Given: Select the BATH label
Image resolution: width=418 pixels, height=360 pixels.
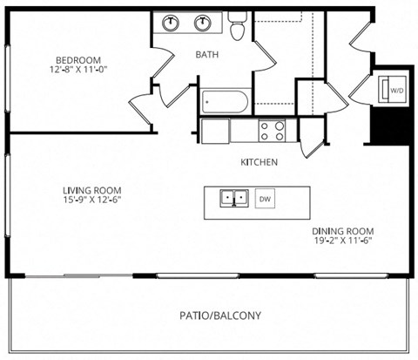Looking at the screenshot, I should coord(206,54).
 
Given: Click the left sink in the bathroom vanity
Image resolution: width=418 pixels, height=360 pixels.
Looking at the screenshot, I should coord(170,23).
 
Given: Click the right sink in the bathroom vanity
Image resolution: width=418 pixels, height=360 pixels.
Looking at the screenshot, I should coord(204,23).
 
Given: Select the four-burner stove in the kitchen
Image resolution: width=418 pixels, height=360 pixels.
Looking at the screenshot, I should coord(272,130).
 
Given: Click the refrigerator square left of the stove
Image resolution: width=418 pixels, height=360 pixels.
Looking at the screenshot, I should coord(215,131).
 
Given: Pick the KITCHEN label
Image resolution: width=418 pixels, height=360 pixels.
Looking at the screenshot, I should coord(259,162).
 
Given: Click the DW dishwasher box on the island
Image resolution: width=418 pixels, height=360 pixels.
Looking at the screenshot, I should coord(266,198).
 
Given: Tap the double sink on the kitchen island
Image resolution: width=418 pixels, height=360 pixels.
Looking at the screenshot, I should coord(233,199).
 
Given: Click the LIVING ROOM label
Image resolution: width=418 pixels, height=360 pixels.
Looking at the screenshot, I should coord(91,190).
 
